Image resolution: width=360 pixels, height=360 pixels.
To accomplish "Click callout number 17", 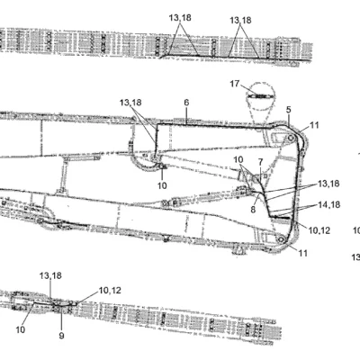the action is [235, 84].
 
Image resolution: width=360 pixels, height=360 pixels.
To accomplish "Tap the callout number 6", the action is [186, 103].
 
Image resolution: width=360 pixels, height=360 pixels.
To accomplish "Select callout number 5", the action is [289, 110].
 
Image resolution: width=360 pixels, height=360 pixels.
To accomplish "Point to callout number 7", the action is [260, 162].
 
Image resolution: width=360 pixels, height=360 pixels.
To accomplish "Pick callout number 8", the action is [253, 210].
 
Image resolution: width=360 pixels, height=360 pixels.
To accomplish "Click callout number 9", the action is [61, 336].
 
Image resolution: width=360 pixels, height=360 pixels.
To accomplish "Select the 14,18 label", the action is [329, 204].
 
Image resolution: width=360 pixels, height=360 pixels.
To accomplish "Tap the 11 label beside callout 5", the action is [314, 125].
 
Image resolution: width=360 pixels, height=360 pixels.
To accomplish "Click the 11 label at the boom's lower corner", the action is [303, 253].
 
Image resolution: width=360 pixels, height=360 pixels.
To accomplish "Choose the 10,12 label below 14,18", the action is [319, 230].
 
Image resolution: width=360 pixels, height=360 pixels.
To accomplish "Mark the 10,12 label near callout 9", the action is [110, 291].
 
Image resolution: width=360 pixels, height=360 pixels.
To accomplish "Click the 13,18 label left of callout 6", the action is [130, 103].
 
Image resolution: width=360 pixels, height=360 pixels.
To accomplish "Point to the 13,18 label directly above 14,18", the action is [328, 184].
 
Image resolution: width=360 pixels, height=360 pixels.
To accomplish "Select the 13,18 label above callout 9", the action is [50, 275].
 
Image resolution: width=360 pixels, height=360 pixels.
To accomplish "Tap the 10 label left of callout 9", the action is [21, 329].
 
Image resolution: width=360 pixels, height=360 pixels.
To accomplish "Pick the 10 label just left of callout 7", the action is [238, 159].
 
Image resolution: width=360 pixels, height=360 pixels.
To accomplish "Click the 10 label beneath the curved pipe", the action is [162, 185].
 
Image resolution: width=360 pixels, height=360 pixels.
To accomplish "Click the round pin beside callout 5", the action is [291, 139].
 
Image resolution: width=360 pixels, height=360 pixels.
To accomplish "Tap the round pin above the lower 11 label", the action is [281, 239].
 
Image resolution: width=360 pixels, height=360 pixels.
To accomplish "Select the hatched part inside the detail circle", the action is [260, 96].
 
